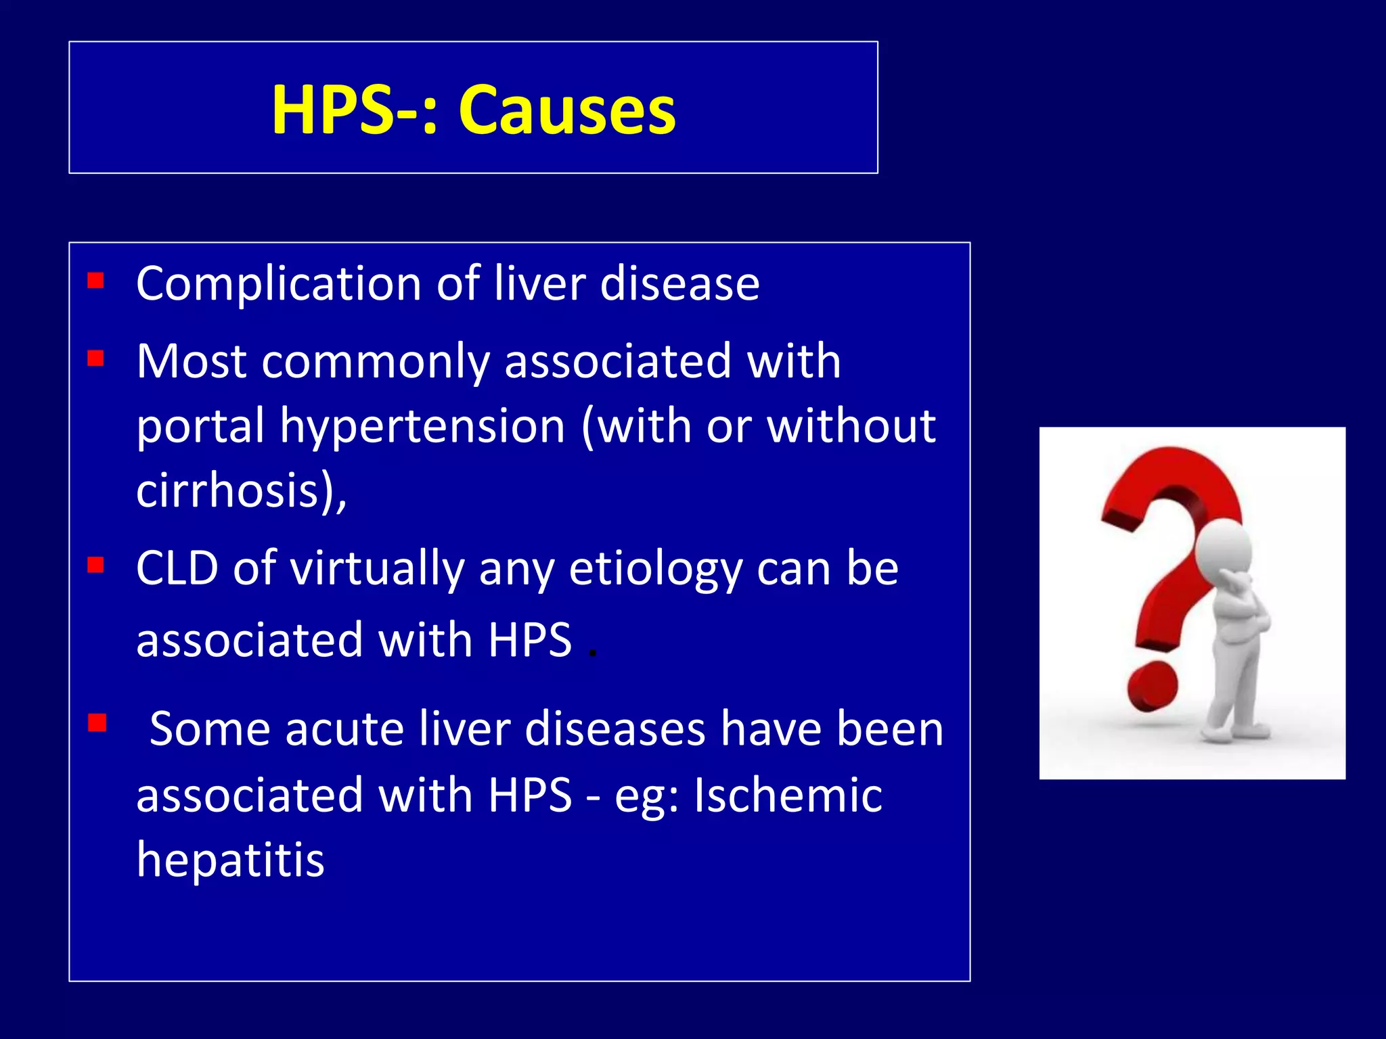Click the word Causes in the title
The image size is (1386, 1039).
point(567,110)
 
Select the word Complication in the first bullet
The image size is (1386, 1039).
point(279,283)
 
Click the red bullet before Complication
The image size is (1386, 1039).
point(96,280)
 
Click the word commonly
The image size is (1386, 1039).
point(375,362)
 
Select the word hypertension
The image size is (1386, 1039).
point(422,426)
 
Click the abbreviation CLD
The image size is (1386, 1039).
point(177,568)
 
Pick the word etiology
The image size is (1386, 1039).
point(655,570)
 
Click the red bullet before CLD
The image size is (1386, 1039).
point(96,565)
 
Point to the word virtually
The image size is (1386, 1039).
point(378,570)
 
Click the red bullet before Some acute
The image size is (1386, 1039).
point(97,723)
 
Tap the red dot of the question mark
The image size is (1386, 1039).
point(1153,687)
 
